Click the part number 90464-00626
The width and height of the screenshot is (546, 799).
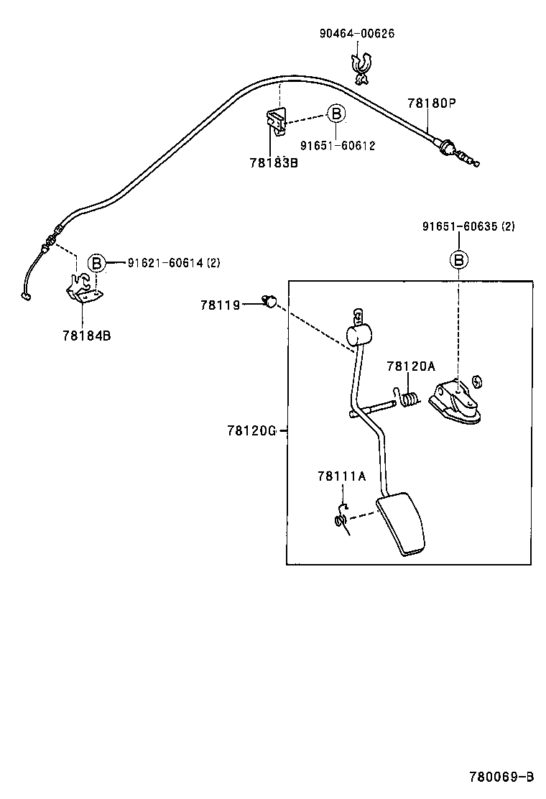(357, 34)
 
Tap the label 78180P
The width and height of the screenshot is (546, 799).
(432, 103)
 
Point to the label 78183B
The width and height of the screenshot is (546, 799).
(273, 163)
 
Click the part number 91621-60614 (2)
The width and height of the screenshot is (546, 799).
(174, 263)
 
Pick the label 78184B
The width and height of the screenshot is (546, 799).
(86, 335)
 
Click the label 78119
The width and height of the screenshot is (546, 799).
(220, 305)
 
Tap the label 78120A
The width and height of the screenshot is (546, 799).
(411, 366)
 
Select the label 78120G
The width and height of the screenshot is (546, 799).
(251, 430)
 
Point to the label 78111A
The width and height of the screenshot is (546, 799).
(342, 476)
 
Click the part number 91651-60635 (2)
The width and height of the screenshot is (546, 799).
(468, 226)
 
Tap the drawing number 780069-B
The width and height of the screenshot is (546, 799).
(501, 777)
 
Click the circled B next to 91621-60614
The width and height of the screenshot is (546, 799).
(96, 263)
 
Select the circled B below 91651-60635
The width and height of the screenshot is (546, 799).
(458, 260)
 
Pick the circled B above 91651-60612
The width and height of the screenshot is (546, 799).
(336, 114)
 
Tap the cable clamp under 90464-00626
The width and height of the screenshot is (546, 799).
(361, 64)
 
